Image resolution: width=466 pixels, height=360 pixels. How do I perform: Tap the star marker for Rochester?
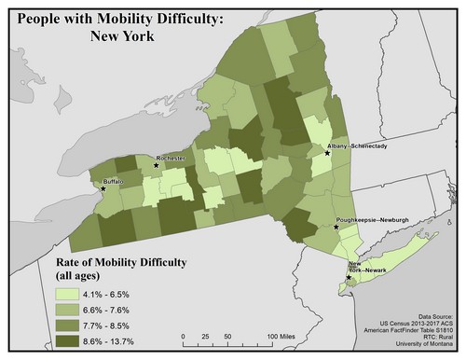click(156, 164)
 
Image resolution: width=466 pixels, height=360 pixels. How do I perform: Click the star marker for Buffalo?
click(103, 188)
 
